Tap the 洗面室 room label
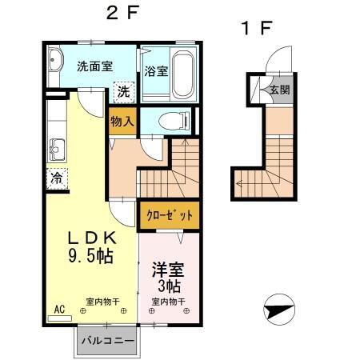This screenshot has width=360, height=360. pyautogui.click(x=94, y=66)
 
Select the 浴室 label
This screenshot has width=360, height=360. pyautogui.click(x=156, y=71)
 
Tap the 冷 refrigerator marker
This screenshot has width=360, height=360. pyautogui.click(x=57, y=177)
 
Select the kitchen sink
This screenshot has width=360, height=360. pyautogui.click(x=56, y=149)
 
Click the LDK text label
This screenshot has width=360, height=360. pyautogui.click(x=91, y=238)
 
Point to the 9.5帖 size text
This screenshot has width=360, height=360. pyautogui.click(x=89, y=257)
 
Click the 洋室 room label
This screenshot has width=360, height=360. pyautogui.click(x=168, y=270)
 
